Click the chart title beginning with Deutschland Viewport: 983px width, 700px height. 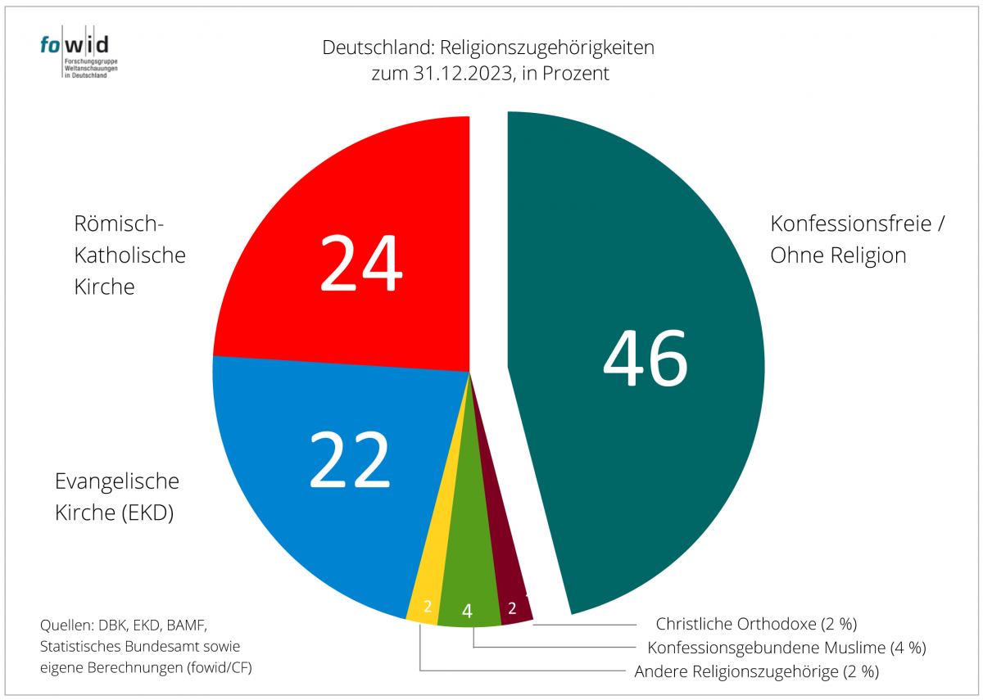click(x=488, y=47)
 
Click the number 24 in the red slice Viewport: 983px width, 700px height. click(x=361, y=263)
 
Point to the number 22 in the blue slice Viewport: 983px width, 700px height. click(x=349, y=459)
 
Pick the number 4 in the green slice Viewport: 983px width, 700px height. click(x=467, y=611)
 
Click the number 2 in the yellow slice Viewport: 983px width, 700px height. click(x=427, y=607)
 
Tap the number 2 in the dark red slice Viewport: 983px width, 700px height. click(x=512, y=607)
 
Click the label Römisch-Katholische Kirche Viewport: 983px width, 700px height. click(x=130, y=255)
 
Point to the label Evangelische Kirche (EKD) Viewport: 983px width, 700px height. click(x=117, y=497)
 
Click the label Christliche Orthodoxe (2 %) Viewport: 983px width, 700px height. click(x=756, y=624)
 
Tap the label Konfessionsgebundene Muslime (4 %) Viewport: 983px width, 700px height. click(x=786, y=648)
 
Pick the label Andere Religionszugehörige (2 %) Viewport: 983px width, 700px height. click(x=756, y=672)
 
